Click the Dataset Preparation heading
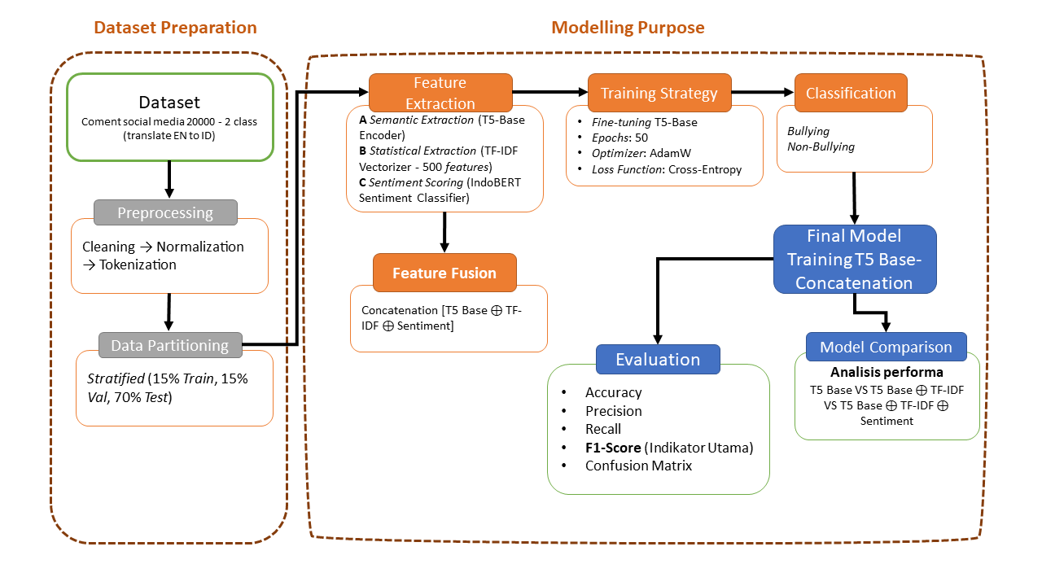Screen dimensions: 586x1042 pos(175,28)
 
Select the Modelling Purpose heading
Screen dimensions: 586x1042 pos(628,28)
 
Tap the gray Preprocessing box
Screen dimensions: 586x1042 pos(165,212)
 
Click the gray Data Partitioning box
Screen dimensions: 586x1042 pos(169,345)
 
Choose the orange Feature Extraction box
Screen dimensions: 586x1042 pos(440,93)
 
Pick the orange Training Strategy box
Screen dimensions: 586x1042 pos(659,93)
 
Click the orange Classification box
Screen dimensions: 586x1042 pos(851,93)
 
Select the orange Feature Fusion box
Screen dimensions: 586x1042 pos(444,273)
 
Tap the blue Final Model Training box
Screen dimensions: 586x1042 pos(854,260)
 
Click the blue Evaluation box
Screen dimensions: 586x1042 pos(658,359)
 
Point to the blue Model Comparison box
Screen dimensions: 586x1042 pos(886,347)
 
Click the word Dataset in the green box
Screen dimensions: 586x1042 pos(169,103)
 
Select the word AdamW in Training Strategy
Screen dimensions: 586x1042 pos(669,154)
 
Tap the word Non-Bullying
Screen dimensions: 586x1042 pos(820,147)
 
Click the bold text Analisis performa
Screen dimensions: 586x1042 pos(887,372)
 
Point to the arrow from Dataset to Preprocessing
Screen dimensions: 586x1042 pos(169,178)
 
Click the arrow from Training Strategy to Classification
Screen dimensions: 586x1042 pos(763,93)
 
